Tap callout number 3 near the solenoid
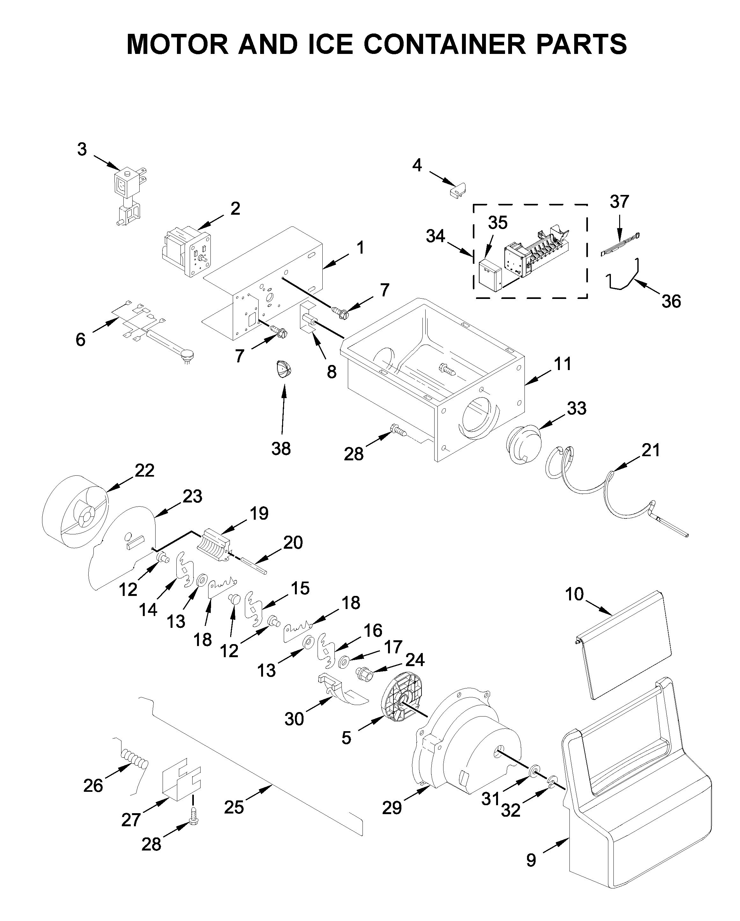pos(82,150)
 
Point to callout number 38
pos(281,449)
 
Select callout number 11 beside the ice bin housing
pos(562,364)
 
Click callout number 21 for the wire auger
pos(651,450)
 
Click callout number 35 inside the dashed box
pos(497,223)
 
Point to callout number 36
pos(671,301)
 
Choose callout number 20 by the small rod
pos(293,543)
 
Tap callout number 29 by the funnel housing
pos(392,807)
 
